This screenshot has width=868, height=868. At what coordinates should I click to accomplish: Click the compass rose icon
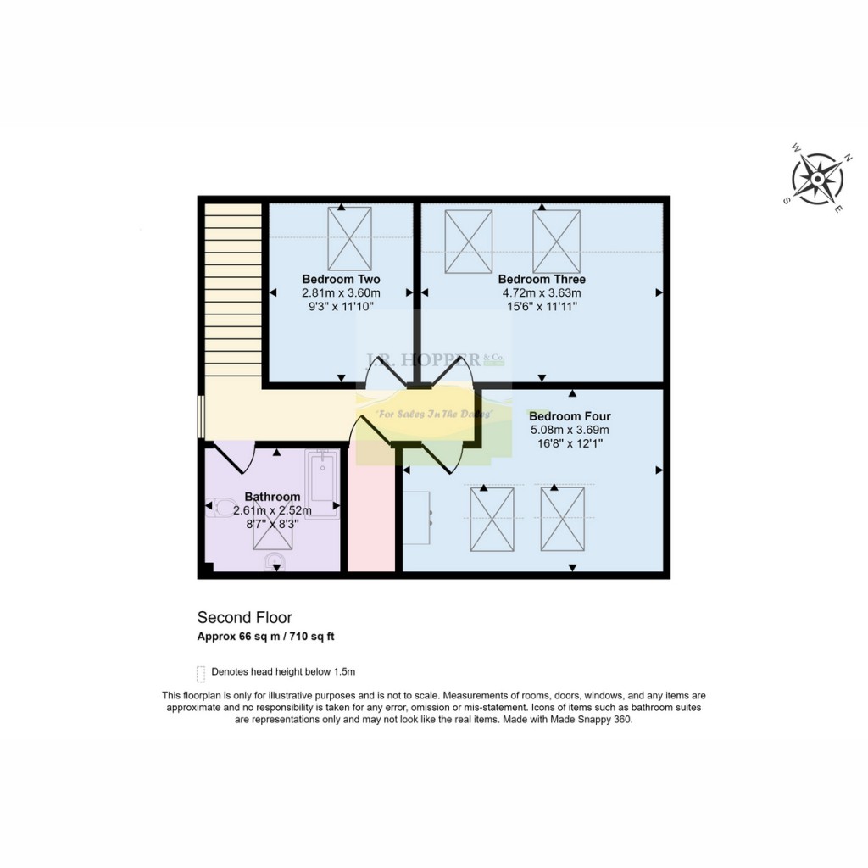(x=817, y=180)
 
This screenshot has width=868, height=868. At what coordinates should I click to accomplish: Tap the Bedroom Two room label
(x=341, y=279)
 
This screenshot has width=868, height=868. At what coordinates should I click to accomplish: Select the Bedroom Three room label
(x=542, y=279)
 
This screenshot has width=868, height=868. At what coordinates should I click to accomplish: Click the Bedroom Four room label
(x=570, y=416)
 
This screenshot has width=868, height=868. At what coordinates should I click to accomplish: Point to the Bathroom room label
(x=272, y=497)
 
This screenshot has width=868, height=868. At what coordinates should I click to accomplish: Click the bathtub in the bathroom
(x=322, y=483)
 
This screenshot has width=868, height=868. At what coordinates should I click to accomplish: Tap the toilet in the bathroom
(x=222, y=508)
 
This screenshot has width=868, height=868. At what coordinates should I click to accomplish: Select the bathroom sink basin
(x=273, y=562)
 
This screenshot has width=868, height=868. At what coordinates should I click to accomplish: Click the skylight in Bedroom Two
(x=349, y=238)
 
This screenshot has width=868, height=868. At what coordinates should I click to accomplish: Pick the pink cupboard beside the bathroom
(x=371, y=517)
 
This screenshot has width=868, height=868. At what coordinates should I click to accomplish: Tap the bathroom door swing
(x=235, y=457)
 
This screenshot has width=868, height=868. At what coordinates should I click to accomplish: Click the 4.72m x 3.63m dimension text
(x=542, y=292)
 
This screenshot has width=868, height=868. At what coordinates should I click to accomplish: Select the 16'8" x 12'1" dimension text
(x=570, y=443)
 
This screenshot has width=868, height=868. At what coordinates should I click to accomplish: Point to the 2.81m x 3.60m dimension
(x=341, y=292)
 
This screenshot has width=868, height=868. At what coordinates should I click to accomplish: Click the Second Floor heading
(x=245, y=618)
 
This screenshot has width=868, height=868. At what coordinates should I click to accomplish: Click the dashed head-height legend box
(x=201, y=673)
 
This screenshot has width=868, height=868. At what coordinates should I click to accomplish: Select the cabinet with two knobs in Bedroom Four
(x=418, y=517)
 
